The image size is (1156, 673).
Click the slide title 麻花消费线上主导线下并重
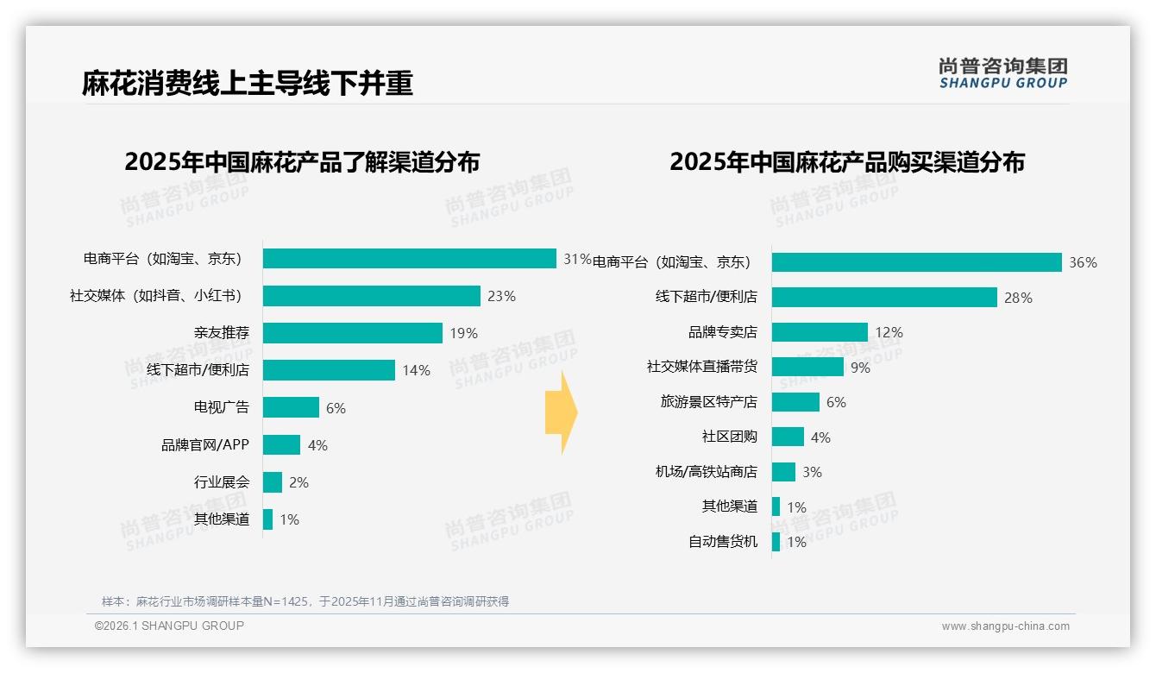click(248, 83)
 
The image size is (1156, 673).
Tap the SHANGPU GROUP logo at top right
click(1002, 73)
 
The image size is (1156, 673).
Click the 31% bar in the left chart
click(409, 259)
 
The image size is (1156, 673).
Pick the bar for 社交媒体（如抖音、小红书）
click(371, 296)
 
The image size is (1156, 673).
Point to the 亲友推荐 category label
click(221, 333)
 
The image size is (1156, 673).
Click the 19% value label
click(463, 333)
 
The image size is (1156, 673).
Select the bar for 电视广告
click(291, 407)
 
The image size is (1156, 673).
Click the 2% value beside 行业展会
click(298, 482)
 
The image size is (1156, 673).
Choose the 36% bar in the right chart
click(916, 262)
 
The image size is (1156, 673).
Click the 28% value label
click(1018, 298)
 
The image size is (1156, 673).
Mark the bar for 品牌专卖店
click(820, 332)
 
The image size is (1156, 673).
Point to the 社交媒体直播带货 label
click(701, 367)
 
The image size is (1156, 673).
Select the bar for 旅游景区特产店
click(795, 402)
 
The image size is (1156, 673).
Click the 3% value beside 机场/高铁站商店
click(812, 472)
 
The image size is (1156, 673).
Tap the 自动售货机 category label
click(722, 542)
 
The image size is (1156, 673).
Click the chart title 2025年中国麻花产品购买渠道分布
click(846, 162)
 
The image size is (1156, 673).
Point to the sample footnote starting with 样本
click(305, 601)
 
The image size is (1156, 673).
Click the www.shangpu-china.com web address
click(1005, 626)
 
